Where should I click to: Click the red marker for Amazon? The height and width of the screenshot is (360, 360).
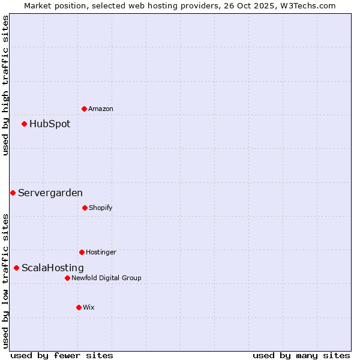tap(84, 109)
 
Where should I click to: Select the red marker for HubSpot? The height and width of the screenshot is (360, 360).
tap(24, 124)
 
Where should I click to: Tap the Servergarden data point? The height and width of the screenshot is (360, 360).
tap(13, 193)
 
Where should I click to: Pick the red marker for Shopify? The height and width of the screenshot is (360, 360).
tap(85, 208)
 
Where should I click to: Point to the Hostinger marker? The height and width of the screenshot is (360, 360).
tap(82, 252)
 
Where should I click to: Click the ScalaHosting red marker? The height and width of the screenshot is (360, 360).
tap(16, 268)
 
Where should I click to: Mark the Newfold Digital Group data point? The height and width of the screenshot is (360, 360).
tap(67, 278)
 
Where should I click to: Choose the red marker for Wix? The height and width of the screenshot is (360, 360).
tap(79, 307)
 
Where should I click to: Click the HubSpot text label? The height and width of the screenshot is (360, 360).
tap(50, 124)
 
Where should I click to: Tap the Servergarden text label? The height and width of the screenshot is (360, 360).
tap(50, 193)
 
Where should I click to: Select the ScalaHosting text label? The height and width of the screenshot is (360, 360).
tap(53, 268)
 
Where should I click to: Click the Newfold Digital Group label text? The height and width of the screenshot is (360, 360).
tap(106, 278)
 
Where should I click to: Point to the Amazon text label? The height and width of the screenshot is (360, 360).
tap(101, 109)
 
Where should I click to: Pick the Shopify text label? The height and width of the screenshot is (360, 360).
tap(101, 208)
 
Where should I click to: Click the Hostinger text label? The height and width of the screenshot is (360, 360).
tap(101, 253)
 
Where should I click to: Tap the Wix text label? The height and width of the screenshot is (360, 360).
tap(89, 308)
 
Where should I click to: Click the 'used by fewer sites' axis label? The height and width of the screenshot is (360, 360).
tap(62, 356)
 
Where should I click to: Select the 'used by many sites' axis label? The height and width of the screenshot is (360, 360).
tap(301, 356)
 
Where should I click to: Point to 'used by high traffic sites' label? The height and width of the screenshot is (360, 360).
tap(5, 85)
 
